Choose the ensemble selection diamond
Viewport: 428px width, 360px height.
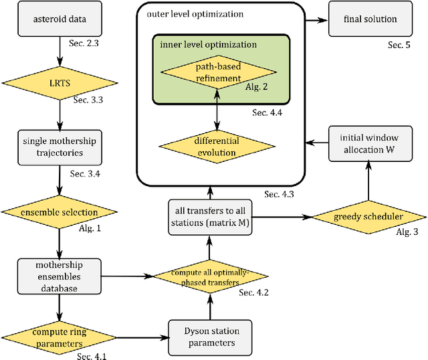pos(59,212)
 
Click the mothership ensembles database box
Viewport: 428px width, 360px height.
pos(59,275)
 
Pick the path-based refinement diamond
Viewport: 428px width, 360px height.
pos(217,72)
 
